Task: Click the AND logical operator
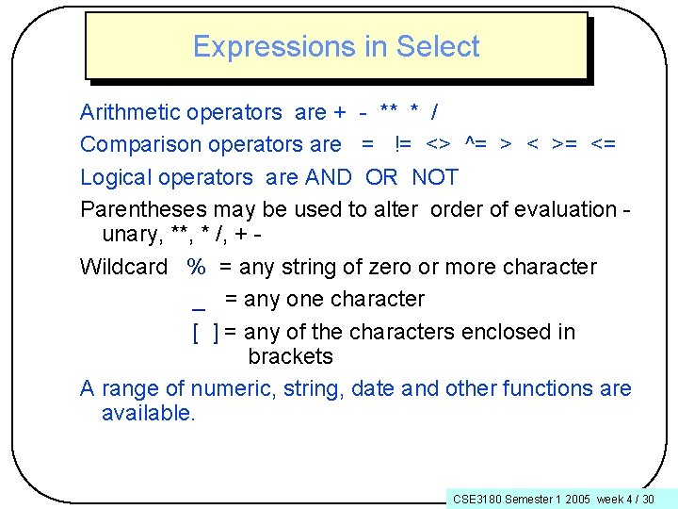[328, 177]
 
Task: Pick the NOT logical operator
[435, 177]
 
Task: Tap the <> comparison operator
[438, 145]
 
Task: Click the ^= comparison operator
[476, 145]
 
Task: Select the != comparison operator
[402, 145]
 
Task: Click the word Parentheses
[141, 209]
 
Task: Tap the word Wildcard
[123, 267]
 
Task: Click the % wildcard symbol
[196, 267]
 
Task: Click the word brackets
[290, 356]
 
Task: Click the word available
[148, 413]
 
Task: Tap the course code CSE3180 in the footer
[476, 499]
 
